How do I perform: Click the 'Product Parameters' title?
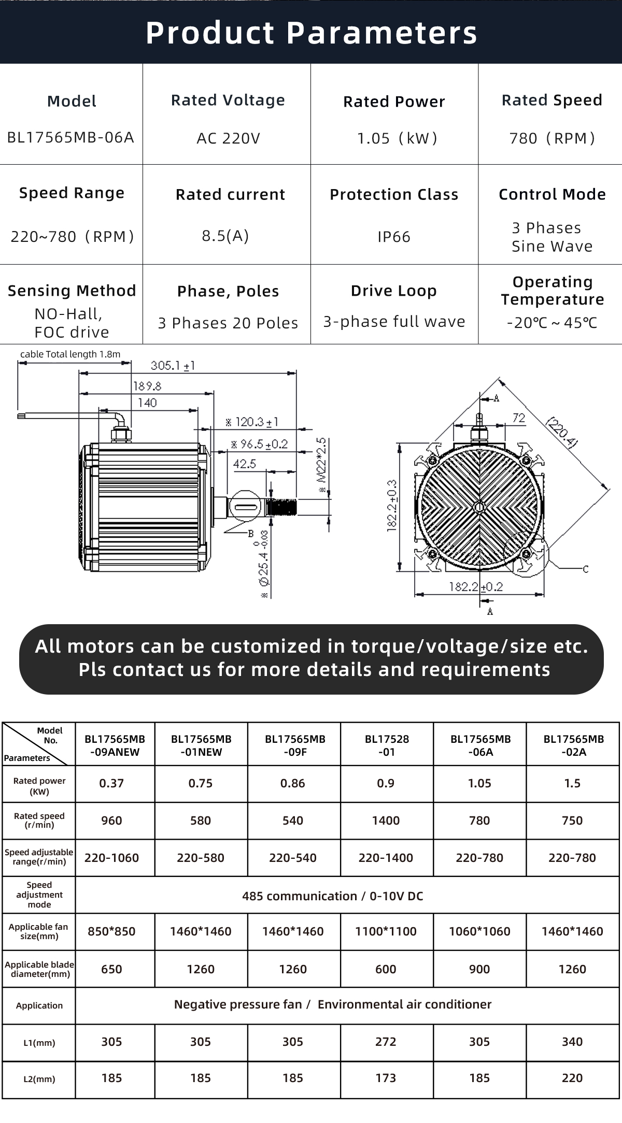point(311,33)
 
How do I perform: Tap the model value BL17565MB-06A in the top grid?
point(70,137)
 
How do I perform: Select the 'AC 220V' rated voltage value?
point(228,138)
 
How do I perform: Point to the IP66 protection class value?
point(394,237)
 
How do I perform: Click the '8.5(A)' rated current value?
point(225,236)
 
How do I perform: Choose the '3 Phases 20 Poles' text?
point(228,323)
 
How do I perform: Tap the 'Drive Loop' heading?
point(394,291)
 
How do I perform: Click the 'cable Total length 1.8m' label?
point(70,354)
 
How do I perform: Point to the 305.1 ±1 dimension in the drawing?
point(173,366)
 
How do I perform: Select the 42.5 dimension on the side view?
point(244,463)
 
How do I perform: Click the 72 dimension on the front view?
point(518,417)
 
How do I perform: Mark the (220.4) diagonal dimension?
point(562,432)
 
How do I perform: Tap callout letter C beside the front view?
point(586,569)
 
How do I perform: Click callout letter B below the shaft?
point(250,534)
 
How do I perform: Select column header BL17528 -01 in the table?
point(387,745)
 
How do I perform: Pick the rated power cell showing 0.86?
point(293,783)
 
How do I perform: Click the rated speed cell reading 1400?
point(386,820)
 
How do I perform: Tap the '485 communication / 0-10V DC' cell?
point(332,896)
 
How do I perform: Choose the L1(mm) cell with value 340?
point(572,1042)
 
